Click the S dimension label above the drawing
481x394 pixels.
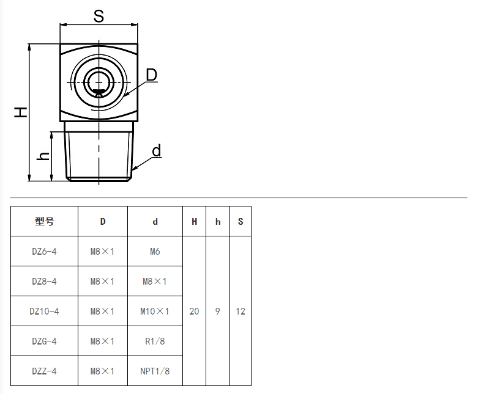click(99, 16)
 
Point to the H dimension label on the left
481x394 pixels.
click(21, 112)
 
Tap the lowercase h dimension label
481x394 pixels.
click(43, 156)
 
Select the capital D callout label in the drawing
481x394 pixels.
click(151, 75)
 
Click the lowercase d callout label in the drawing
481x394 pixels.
click(157, 151)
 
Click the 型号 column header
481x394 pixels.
click(45, 221)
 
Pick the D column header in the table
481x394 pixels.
click(103, 221)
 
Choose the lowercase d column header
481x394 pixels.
click(155, 221)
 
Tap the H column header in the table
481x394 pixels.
click(194, 221)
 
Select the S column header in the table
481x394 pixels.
click(240, 221)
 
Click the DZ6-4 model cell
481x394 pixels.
click(45, 251)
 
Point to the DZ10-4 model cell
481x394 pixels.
click(45, 312)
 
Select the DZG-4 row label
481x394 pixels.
click(45, 341)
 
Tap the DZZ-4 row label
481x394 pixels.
click(45, 371)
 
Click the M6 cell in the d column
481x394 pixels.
click(155, 251)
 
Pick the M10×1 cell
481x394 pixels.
click(155, 312)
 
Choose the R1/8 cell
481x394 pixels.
click(155, 341)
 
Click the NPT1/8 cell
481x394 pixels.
click(155, 371)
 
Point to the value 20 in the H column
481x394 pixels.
click(194, 312)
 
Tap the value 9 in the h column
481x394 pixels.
click(217, 312)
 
